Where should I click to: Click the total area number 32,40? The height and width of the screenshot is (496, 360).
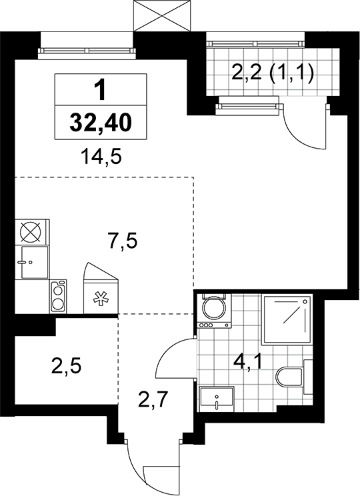(101, 123)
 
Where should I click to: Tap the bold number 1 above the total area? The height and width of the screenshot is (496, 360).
(101, 90)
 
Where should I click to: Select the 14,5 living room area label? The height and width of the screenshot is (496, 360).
(101, 157)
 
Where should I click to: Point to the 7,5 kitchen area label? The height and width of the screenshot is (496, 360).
(121, 241)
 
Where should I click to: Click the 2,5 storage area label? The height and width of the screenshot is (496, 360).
(66, 366)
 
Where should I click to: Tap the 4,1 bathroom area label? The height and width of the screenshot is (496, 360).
(247, 361)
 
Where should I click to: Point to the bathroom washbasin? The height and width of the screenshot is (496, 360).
(217, 399)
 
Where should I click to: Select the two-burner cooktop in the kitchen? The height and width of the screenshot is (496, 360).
(58, 297)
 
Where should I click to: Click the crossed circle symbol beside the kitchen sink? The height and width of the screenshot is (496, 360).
(31, 232)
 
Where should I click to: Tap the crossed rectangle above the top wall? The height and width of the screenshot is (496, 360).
(162, 15)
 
